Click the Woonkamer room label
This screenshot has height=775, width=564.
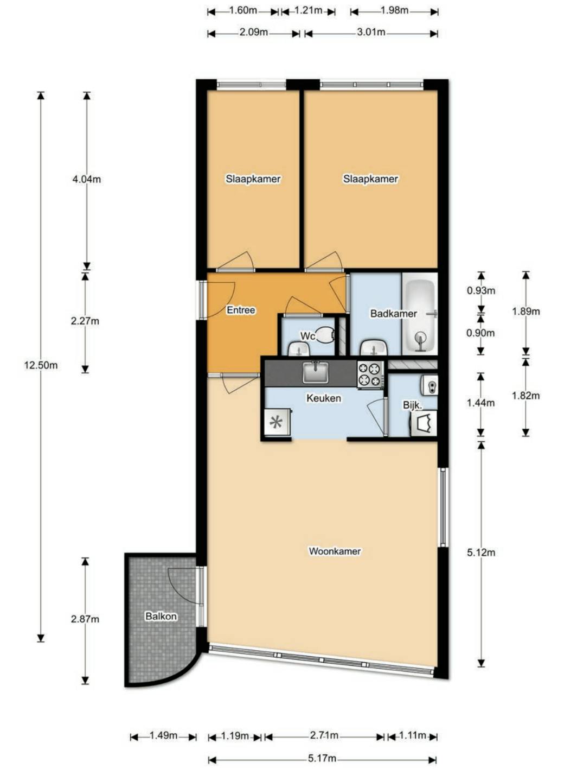click(x=335, y=551)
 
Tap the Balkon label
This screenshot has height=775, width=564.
click(x=161, y=616)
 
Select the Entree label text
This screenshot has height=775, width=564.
click(x=241, y=310)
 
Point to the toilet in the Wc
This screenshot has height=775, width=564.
click(x=325, y=335)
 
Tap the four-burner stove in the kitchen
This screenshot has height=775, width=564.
click(x=370, y=374)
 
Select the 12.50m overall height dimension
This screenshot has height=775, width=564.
click(x=41, y=365)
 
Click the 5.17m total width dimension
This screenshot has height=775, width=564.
click(x=322, y=758)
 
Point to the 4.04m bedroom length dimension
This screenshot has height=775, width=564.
click(x=86, y=179)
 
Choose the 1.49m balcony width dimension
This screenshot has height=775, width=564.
click(x=163, y=736)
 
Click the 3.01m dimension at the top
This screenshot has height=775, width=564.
click(x=371, y=32)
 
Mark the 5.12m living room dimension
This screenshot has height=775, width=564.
click(x=481, y=552)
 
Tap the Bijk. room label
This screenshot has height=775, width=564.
click(x=412, y=405)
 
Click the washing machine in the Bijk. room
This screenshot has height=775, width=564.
click(x=424, y=423)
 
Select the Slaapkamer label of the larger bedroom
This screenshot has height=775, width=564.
click(x=370, y=179)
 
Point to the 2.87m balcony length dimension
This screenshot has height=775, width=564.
click(x=85, y=619)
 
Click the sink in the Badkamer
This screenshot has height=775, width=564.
click(x=373, y=347)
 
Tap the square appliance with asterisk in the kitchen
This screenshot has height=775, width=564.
click(x=277, y=422)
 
